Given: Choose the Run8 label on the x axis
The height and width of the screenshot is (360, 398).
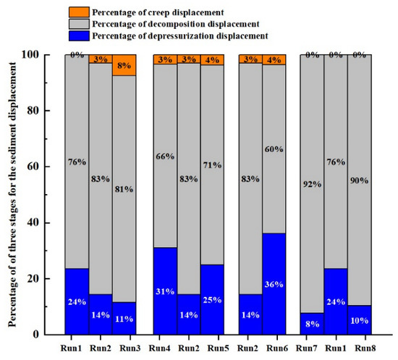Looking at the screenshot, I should [360, 346].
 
